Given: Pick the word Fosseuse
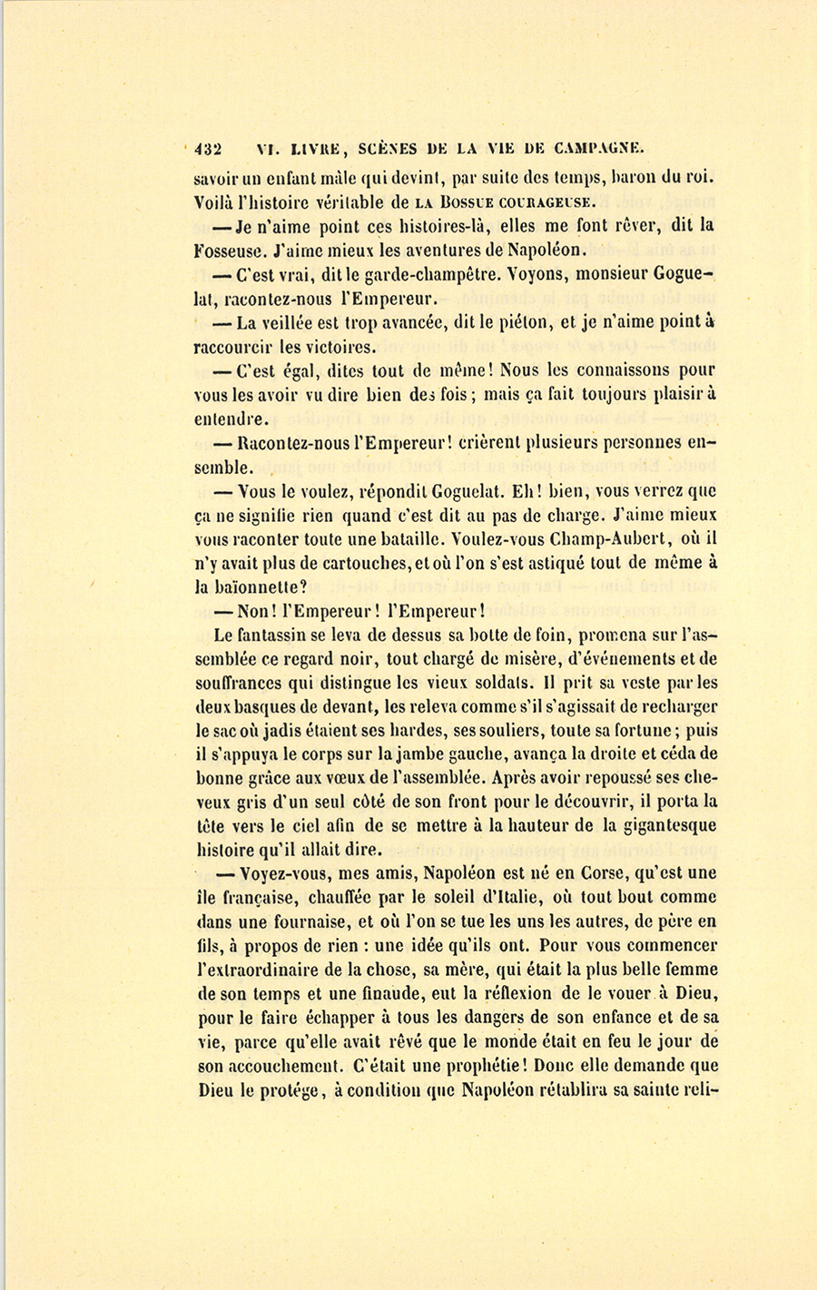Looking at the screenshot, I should [x=229, y=249].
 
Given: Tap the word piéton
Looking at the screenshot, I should [x=511, y=321].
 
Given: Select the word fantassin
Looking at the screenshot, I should [x=274, y=635].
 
